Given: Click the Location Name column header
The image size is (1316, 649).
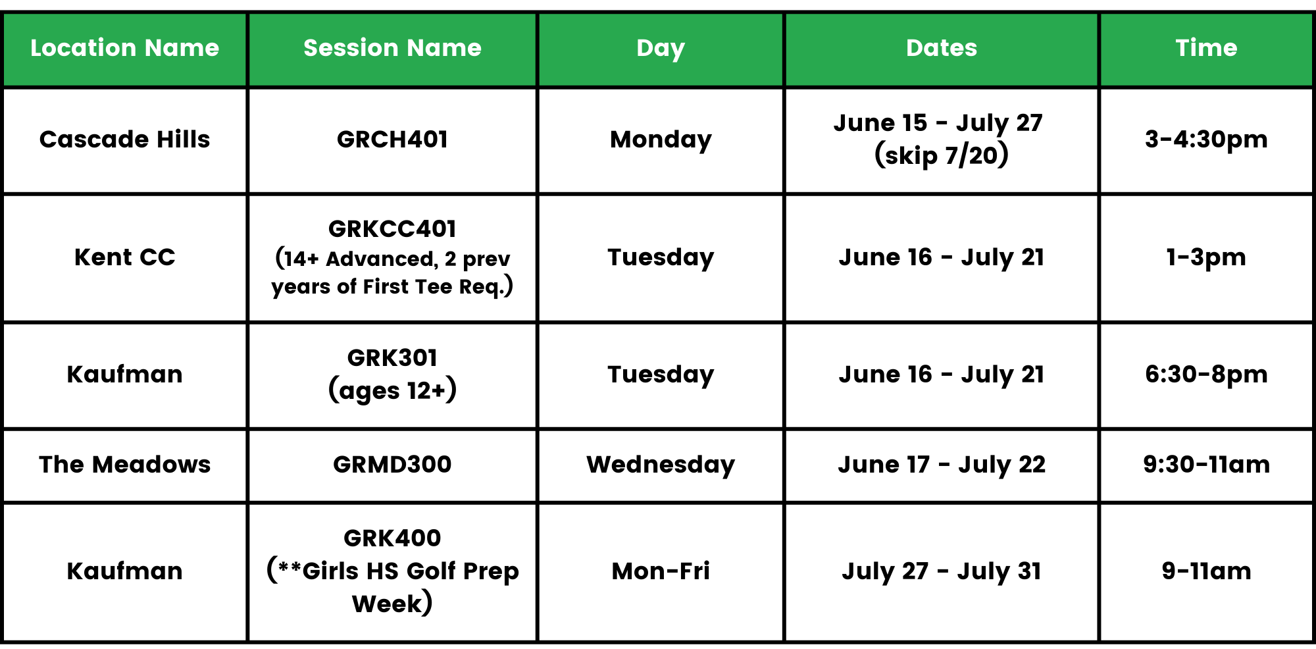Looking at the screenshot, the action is (124, 48).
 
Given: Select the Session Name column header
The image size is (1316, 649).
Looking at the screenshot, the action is (392, 48).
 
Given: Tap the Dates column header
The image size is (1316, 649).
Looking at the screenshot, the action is (941, 48).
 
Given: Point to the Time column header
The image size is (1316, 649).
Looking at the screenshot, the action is (1206, 48).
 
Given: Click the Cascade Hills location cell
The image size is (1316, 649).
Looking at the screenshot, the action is (124, 140).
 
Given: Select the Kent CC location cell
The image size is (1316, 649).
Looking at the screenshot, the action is (124, 257).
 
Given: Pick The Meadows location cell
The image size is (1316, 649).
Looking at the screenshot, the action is (124, 465).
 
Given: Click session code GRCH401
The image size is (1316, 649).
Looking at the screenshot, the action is (392, 140).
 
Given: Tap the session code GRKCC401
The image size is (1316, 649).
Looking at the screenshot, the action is (392, 229).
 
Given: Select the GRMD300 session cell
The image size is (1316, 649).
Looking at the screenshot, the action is (392, 465).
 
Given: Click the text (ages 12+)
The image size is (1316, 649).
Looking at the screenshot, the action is (392, 390).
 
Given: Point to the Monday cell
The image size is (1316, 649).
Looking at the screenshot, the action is (661, 140).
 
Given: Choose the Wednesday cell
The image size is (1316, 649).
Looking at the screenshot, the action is (661, 465).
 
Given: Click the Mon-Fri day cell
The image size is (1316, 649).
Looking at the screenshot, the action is (661, 571).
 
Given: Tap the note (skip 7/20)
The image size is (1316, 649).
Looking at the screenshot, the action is (941, 155).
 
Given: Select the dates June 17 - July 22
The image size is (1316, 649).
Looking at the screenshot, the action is (941, 465).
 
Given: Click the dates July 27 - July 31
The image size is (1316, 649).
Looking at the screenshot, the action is (941, 571).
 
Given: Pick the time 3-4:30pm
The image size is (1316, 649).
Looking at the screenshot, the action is (1206, 140).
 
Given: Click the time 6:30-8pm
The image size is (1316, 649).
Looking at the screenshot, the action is (1206, 375).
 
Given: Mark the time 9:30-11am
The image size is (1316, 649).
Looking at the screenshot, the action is (1206, 465).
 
